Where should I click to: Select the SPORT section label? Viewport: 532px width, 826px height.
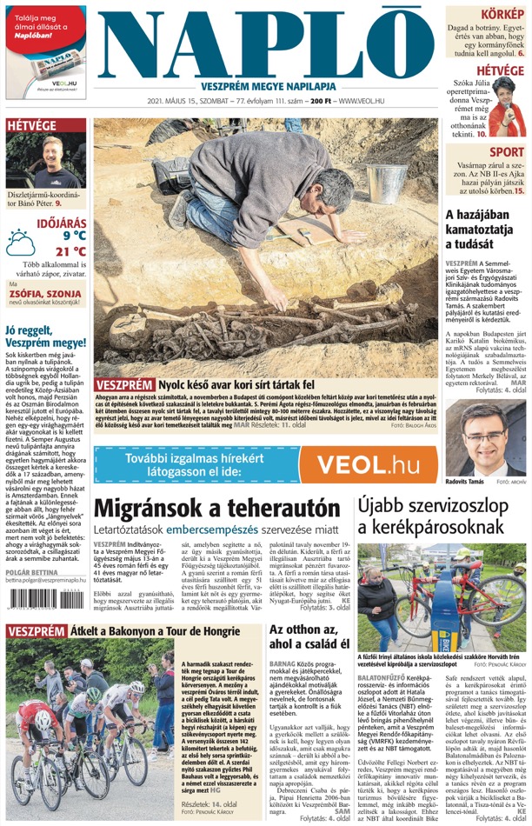coord(507,151)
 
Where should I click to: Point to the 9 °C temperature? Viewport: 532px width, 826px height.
coord(73,236)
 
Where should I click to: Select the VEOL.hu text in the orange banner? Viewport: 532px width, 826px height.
coord(369,465)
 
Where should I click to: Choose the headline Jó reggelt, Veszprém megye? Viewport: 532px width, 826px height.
coord(45,336)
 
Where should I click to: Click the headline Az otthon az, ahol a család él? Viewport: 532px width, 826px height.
coord(309,636)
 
